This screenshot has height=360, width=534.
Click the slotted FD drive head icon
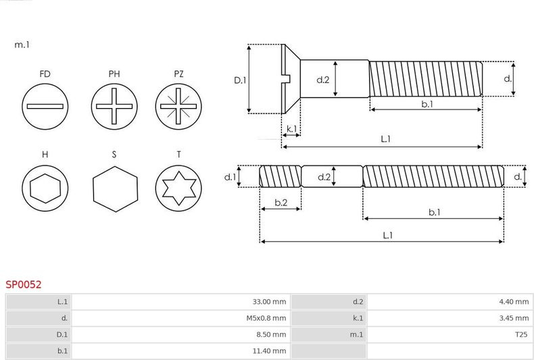45,107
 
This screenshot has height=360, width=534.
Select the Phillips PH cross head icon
114,107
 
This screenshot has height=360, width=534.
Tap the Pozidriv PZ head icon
178,107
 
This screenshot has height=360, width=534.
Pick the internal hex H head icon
45,188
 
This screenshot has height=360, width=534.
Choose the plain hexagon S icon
116,189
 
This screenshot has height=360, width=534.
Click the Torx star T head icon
178,188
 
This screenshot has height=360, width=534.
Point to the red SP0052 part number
24,284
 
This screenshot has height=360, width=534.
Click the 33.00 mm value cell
269,302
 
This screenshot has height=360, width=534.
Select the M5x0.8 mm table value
266,318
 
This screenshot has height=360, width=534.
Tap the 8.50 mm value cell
271,334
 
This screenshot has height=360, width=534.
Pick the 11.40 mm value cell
269,351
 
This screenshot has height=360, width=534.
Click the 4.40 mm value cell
514,302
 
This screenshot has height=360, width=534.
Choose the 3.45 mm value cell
514,318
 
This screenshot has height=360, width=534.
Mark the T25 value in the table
521,334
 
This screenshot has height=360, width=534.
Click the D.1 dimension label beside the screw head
240,80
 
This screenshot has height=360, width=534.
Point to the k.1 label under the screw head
291,129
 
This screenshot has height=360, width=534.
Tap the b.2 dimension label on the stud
281,203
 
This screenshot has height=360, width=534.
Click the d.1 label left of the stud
230,177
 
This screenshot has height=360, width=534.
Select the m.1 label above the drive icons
22,45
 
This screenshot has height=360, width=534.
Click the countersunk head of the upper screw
291,79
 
